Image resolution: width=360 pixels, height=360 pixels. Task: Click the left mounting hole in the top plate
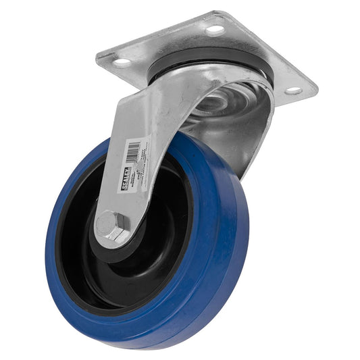point(122,62)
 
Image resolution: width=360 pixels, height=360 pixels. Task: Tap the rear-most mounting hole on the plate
point(215,29)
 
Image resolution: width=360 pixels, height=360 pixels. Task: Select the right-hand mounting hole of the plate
point(293,90)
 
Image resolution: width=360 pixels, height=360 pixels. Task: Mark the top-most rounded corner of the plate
point(214,14)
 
